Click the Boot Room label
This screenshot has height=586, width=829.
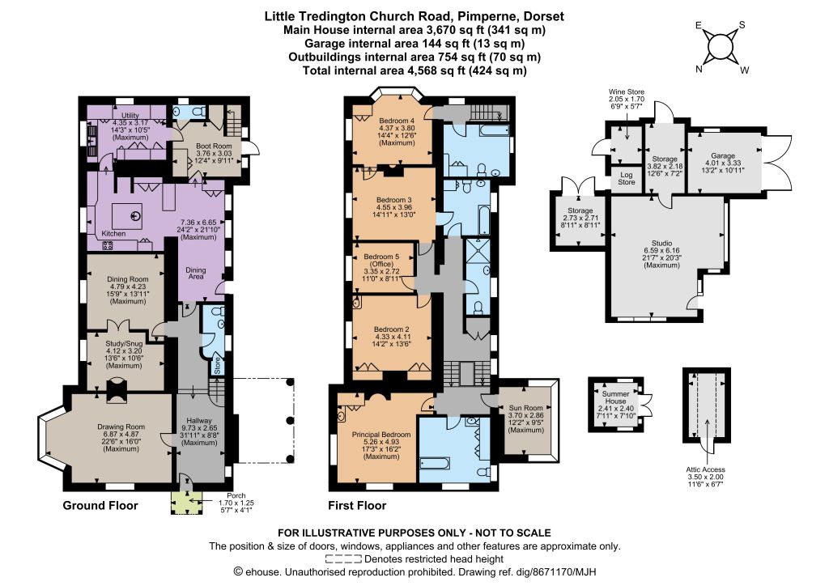point(214,146)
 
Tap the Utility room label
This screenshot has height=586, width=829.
point(130,115)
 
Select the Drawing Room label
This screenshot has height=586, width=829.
point(121,427)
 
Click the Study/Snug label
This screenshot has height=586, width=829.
point(124,343)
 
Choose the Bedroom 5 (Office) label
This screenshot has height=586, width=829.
point(381,260)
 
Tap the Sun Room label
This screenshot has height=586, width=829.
point(526,408)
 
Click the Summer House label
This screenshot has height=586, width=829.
point(616,397)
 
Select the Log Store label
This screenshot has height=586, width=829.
point(627,179)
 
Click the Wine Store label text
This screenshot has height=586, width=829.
point(627,92)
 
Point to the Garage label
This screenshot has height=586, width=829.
point(723,156)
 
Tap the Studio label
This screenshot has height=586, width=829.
point(662,243)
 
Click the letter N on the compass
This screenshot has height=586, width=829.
point(699,70)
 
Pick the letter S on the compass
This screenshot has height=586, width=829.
point(742,25)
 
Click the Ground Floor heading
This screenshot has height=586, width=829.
point(100,506)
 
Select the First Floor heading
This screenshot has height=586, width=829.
point(357,506)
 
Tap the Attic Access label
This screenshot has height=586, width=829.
point(706,469)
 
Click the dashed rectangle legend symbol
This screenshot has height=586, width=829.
point(343,559)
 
